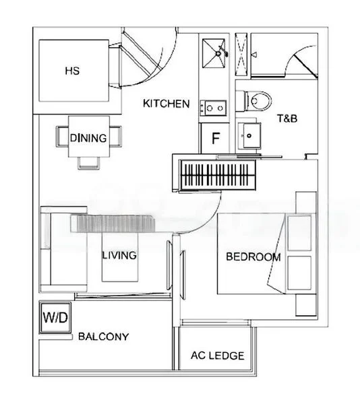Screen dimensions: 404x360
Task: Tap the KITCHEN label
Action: pyautogui.click(x=166, y=104)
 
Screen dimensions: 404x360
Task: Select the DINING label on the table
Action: pyautogui.click(x=88, y=139)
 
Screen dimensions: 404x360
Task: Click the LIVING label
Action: pyautogui.click(x=119, y=255)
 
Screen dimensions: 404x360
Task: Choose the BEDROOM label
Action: pyautogui.click(x=253, y=257)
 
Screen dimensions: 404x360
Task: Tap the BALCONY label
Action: pyautogui.click(x=103, y=336)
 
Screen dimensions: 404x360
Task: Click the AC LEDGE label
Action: pyautogui.click(x=217, y=356)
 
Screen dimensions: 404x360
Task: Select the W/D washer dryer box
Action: pyautogui.click(x=55, y=316)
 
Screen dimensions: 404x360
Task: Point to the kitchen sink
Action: pyautogui.click(x=215, y=106)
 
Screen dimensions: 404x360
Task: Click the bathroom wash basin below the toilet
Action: pyautogui.click(x=251, y=135)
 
